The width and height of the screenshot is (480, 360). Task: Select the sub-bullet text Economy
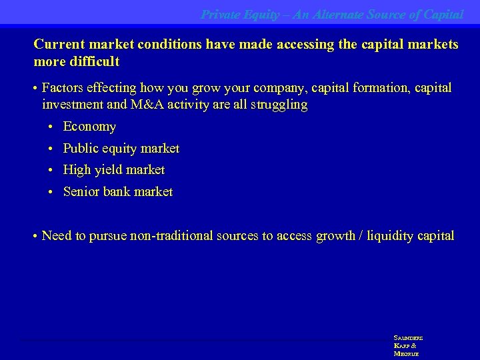89,127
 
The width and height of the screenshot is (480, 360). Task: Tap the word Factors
63,88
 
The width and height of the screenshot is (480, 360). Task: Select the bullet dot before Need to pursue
34,237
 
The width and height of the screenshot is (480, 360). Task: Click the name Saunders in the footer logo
408,338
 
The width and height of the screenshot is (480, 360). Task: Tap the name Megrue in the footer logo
406,353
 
